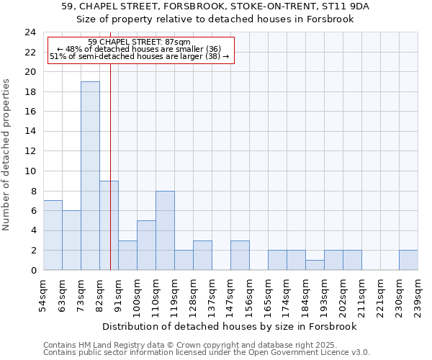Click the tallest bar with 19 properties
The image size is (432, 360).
click(90, 176)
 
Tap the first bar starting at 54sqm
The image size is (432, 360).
click(53, 235)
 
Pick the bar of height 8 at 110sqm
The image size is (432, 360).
click(165, 230)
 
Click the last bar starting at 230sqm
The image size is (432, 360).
click(408, 260)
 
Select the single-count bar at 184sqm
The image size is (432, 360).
click(315, 265)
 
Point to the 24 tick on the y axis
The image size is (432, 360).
click(30, 32)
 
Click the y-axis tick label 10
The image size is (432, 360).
click(30, 171)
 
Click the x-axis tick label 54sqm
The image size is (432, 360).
click(43, 297)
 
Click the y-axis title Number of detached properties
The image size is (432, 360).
click(7, 155)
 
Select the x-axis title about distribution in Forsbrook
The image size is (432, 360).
click(230, 326)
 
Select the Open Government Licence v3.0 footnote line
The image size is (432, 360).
click(207, 353)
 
